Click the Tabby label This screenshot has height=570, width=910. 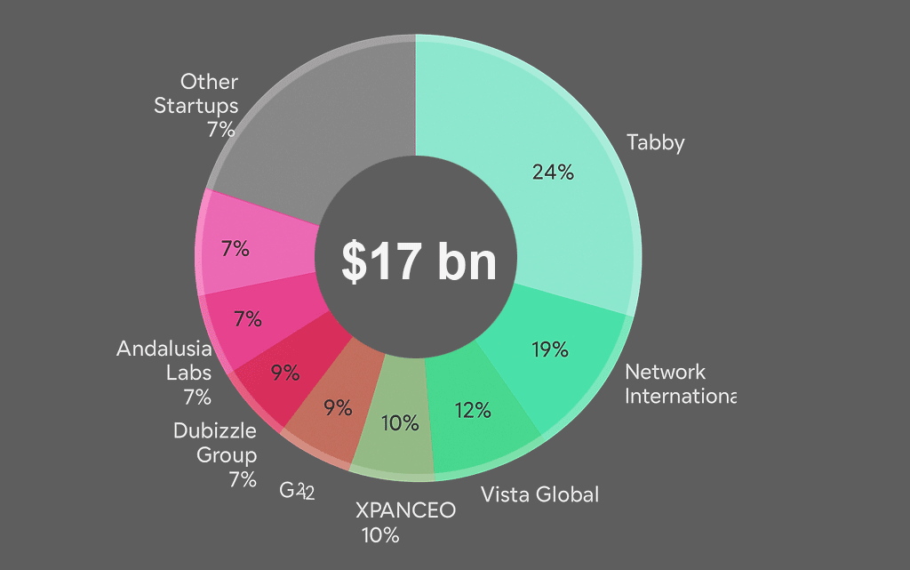(x=655, y=142)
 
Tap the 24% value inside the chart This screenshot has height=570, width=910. (x=552, y=173)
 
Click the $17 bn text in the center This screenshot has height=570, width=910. (x=418, y=261)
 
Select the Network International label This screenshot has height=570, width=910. (x=681, y=383)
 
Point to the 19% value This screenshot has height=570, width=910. (x=550, y=349)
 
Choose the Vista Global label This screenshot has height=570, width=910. (x=539, y=494)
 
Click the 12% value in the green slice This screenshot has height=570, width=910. (x=473, y=410)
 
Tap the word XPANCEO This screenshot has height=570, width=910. (x=405, y=510)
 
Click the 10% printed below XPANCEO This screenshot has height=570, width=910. (x=379, y=535)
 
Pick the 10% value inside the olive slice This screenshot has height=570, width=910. (x=400, y=423)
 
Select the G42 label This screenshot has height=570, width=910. (x=297, y=491)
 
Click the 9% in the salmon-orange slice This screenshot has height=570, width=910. (x=338, y=408)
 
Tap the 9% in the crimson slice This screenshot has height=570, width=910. (x=285, y=373)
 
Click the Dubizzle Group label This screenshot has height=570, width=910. (x=215, y=443)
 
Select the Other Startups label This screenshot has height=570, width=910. (x=196, y=93)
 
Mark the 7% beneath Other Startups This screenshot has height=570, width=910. (x=220, y=130)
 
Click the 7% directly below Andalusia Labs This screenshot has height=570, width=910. (x=197, y=397)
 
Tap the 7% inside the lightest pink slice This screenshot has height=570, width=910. (x=235, y=250)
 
